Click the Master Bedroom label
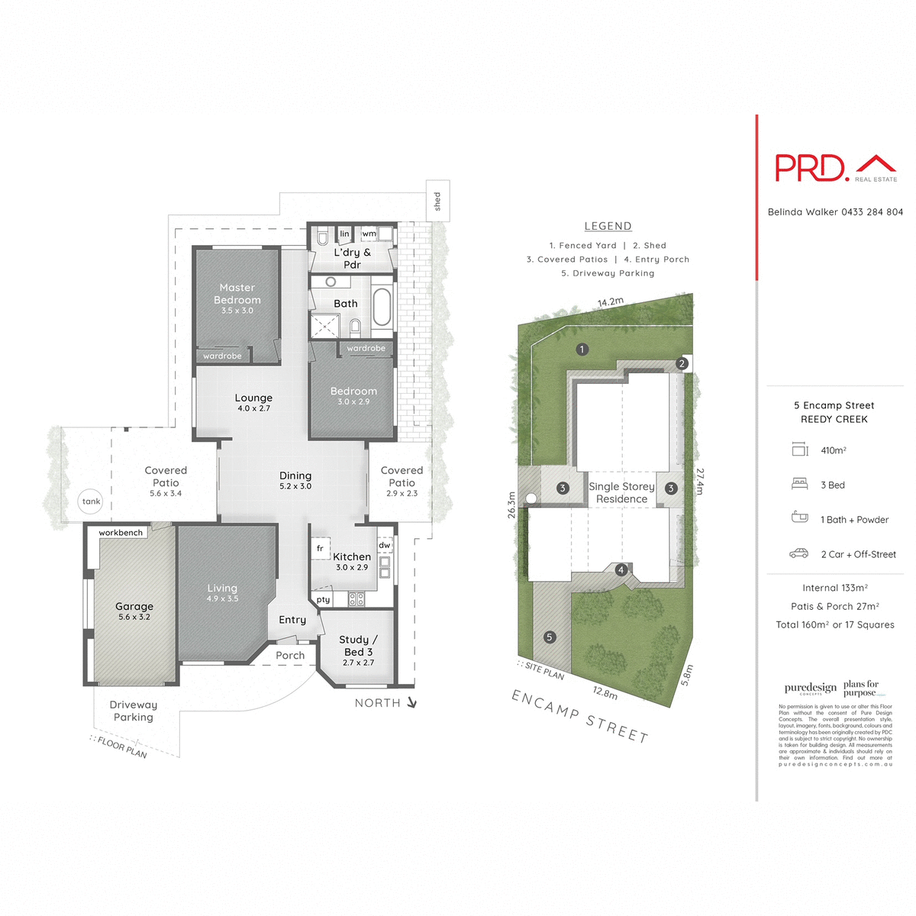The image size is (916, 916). (x=237, y=294)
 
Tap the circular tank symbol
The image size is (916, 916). (x=91, y=502)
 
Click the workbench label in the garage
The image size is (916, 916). (x=121, y=533)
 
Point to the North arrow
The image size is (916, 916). (x=411, y=702)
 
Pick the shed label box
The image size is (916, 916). (x=437, y=201)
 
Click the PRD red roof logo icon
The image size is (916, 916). (x=876, y=164)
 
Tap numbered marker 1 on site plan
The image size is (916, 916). (x=582, y=350)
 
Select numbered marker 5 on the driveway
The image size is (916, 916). (x=549, y=637)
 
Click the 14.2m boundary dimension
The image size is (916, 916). (x=611, y=302)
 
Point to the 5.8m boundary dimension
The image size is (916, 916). (x=687, y=674)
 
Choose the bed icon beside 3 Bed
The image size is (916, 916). (x=799, y=484)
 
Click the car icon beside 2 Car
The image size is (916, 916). (x=799, y=553)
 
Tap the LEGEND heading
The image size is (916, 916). (x=608, y=226)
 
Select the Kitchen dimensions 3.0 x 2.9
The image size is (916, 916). (x=352, y=567)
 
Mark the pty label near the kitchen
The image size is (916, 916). (x=324, y=600)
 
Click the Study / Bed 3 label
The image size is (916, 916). (x=358, y=646)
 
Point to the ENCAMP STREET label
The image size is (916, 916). (x=579, y=715)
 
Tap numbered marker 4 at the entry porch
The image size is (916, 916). (x=621, y=570)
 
